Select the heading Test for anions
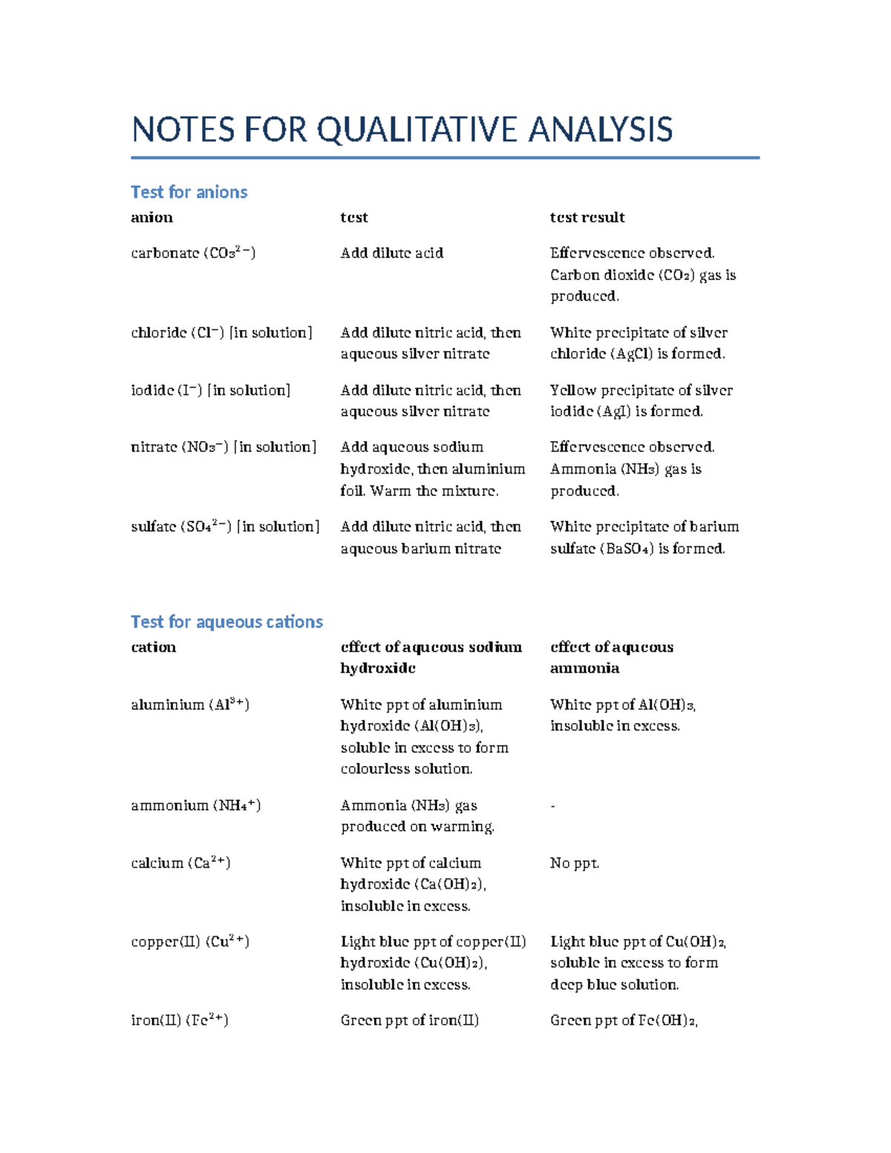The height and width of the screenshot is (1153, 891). [x=189, y=192]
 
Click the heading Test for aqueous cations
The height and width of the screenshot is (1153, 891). [x=226, y=622]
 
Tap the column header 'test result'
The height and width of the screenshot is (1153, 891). [x=587, y=218]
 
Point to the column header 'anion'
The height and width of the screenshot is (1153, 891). [x=151, y=218]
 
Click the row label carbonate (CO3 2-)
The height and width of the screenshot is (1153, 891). [x=193, y=253]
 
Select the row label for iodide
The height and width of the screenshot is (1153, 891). [x=210, y=391]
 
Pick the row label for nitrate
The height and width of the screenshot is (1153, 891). [x=223, y=447]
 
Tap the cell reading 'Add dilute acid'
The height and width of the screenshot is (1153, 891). [x=391, y=253]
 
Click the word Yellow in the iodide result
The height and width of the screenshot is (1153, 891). [x=572, y=391]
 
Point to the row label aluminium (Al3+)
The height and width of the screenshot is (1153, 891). [x=190, y=705]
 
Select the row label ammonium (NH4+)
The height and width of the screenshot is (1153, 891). [x=195, y=806]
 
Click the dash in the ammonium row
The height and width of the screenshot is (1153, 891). [x=552, y=806]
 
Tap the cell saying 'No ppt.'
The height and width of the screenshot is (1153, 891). [x=574, y=863]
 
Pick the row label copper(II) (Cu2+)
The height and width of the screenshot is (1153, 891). [x=190, y=941]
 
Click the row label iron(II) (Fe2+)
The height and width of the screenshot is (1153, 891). [x=180, y=1020]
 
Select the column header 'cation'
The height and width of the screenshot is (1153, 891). [x=153, y=647]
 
